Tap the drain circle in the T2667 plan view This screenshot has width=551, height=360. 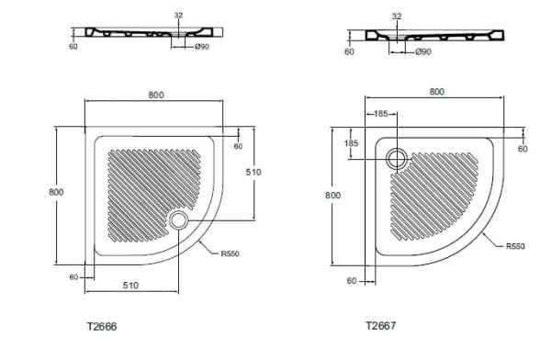(398, 158)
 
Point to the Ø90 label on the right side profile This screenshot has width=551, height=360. (422, 52)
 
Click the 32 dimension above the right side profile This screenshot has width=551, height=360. (396, 17)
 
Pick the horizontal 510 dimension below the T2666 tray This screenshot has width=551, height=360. (130, 286)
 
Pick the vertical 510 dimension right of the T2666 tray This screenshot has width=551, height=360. (257, 172)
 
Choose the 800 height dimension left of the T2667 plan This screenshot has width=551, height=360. (332, 195)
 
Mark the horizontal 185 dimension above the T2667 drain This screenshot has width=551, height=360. (378, 113)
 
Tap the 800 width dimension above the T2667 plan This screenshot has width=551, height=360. (436, 92)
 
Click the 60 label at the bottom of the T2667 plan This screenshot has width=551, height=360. (348, 281)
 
